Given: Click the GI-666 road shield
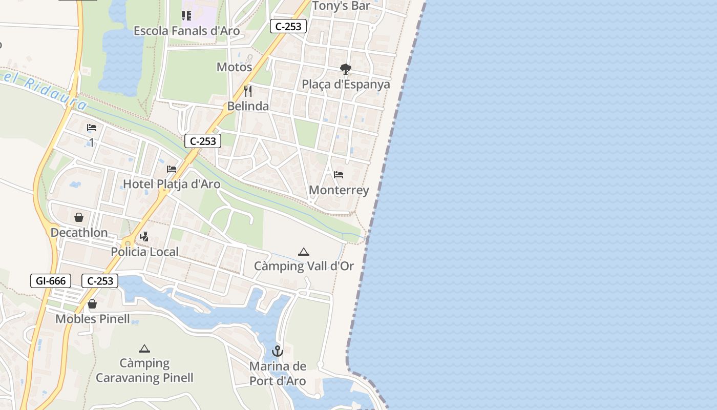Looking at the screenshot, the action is [51, 281].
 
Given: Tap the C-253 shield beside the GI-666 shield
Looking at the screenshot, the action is [100, 281].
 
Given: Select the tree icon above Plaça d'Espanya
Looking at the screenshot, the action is [346, 69].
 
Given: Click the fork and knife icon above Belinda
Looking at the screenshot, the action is [248, 91].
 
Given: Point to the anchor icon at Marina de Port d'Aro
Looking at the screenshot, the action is [277, 351].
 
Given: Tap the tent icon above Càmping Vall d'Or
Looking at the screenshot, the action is [304, 252].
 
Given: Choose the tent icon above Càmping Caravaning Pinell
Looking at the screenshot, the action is [144, 348].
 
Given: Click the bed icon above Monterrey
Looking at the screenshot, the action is [339, 175].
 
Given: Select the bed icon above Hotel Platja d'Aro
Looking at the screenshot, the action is [172, 169].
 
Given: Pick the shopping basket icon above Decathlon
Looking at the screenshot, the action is [79, 217].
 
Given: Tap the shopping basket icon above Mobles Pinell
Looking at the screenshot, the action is [92, 304].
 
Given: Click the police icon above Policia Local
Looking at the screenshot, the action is [144, 236].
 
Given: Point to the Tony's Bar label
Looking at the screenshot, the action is [341, 6].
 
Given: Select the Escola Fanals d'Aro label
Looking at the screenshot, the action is [186, 31].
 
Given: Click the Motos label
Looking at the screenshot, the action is [235, 67].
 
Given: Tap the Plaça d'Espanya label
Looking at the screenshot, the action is [346, 85].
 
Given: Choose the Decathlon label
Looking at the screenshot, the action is [79, 233].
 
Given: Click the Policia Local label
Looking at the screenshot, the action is [144, 252].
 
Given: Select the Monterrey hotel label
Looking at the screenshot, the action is [339, 190].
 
